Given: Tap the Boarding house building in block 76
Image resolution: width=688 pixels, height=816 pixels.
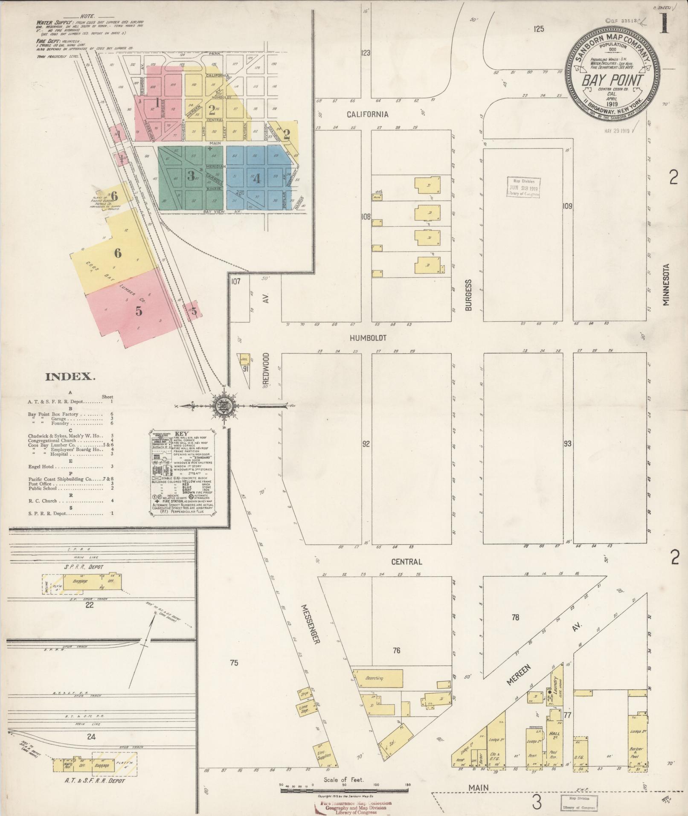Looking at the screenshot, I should click(x=378, y=678).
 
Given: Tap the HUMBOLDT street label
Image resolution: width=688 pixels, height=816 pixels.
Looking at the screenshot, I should click(x=368, y=338).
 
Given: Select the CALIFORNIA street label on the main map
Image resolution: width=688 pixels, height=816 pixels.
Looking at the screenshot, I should click(x=367, y=114).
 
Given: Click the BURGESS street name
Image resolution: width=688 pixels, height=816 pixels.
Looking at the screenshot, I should click(x=469, y=295).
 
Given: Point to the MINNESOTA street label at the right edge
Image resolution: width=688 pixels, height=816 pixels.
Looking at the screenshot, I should click(x=666, y=284).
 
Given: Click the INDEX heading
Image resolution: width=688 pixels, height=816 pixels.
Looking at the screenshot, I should click(x=70, y=377).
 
